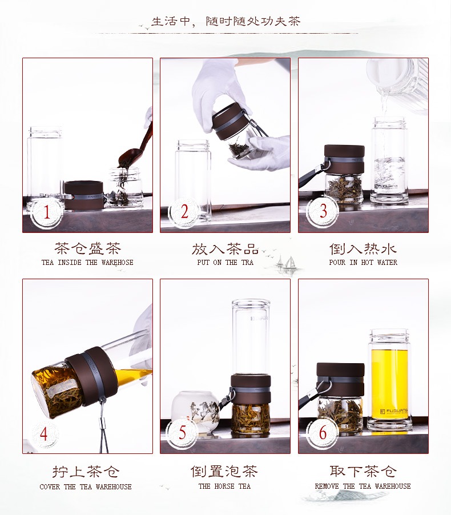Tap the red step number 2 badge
(184, 211)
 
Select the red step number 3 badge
(323, 211)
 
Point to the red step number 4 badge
(44, 433)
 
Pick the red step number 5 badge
(183, 433)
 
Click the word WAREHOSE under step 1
(117, 263)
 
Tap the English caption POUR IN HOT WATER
(363, 263)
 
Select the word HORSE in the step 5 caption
(225, 486)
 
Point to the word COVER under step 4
(50, 487)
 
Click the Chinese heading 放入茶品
(226, 249)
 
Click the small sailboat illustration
(288, 265)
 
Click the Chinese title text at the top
(226, 21)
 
